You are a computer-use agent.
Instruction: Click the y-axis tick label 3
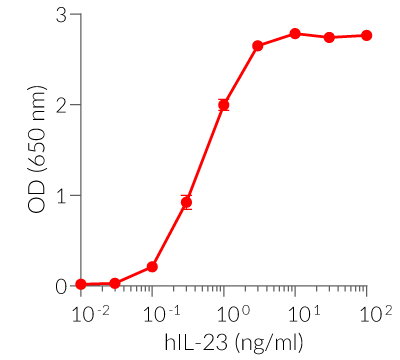[x=62, y=16]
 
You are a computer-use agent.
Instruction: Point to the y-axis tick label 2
[x=62, y=105]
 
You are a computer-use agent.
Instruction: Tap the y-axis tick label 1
[x=62, y=195]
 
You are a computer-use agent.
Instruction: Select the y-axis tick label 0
[x=62, y=286]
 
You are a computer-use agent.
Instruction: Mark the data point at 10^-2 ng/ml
[x=81, y=284]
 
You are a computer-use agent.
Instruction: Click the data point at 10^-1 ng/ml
[x=152, y=266]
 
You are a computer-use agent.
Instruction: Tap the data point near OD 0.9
[x=186, y=202]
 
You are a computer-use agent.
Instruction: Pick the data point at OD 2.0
[x=224, y=105]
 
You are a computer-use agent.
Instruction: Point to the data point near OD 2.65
[x=258, y=46]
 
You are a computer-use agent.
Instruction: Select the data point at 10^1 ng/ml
[x=295, y=34]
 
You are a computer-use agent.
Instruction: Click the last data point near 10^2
[x=366, y=35]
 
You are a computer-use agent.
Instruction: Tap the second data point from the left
[x=115, y=283]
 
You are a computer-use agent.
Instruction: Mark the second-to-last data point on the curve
[x=329, y=37]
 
